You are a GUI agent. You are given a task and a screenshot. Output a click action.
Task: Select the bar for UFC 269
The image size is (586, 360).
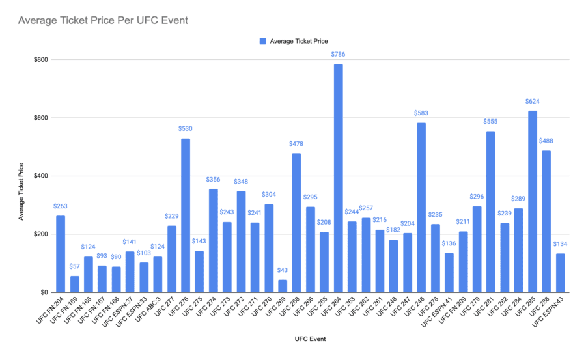pos(283,286)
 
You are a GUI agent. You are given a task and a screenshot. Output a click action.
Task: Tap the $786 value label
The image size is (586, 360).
pos(339,55)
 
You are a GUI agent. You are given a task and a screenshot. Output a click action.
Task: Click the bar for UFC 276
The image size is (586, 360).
pos(186,215)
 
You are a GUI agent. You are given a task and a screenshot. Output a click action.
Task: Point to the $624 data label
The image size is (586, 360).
pos(533,102)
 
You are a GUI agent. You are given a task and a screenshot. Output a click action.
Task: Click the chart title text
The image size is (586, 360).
pos(103,21)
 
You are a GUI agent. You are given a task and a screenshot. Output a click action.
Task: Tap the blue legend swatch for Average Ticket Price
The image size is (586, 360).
pos(262,41)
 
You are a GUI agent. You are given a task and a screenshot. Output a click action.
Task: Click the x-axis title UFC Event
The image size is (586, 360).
pos(311,339)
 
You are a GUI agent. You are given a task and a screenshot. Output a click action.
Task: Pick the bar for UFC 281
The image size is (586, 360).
pos(491,212)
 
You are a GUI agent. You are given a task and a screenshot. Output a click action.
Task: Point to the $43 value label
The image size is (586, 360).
pos(283,271)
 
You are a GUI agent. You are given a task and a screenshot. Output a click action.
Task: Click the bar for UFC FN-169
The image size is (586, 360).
pos(74,284)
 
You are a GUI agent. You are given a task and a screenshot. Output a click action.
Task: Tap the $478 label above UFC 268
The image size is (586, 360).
pos(296,144)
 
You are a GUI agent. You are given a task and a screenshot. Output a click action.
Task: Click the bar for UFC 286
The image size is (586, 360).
pos(546,221)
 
